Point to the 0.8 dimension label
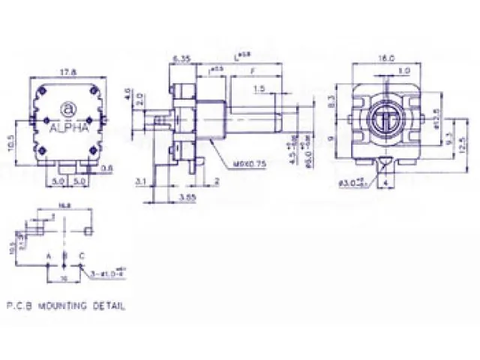[x=107, y=168]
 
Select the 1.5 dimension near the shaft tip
[x=259, y=89]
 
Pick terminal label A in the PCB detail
[x=49, y=256]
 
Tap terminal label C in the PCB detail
[x=81, y=256]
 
